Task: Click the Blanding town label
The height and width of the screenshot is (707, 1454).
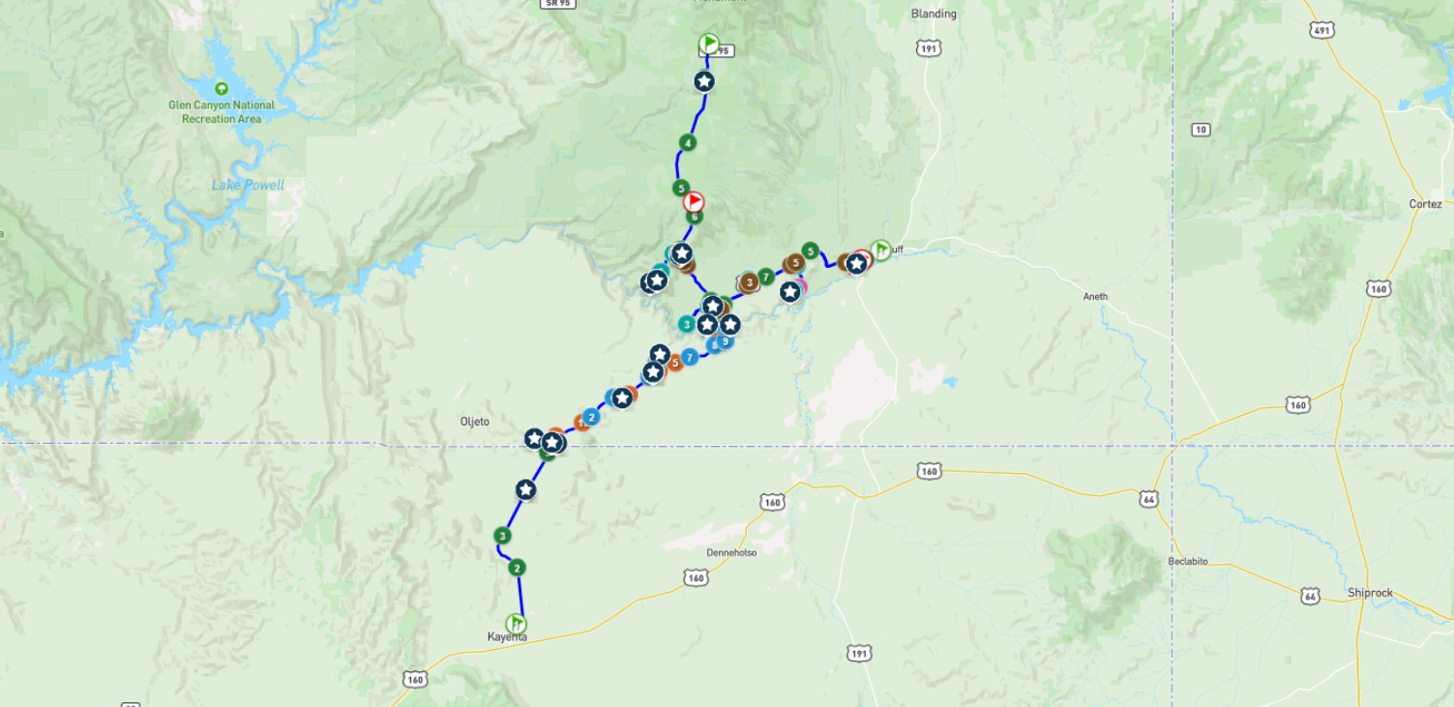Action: click(x=934, y=14)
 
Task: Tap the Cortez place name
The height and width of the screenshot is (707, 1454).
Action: click(x=1425, y=204)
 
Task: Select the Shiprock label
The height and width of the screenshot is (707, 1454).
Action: click(x=1370, y=593)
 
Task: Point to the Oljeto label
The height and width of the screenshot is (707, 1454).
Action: click(x=474, y=422)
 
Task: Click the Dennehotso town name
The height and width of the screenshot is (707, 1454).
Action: click(x=731, y=552)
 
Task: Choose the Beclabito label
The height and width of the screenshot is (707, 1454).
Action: click(x=1187, y=561)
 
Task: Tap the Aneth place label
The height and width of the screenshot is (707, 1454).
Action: click(x=1095, y=296)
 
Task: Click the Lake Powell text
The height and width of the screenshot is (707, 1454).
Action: click(x=248, y=185)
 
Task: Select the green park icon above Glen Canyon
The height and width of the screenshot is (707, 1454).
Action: click(x=222, y=88)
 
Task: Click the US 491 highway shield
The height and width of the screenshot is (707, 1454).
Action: click(x=1322, y=31)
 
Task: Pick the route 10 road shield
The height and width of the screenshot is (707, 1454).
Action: click(x=1201, y=130)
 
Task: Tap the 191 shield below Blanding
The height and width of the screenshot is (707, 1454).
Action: click(x=929, y=48)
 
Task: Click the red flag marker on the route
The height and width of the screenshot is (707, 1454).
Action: click(x=694, y=201)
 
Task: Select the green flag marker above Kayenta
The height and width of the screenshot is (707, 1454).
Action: click(x=516, y=623)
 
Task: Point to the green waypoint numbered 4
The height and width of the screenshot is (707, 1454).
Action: click(x=687, y=143)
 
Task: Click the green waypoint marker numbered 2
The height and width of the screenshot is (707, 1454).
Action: click(x=517, y=568)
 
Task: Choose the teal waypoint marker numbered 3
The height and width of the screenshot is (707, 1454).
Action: click(x=686, y=324)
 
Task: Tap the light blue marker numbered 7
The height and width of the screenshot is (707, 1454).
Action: click(x=689, y=358)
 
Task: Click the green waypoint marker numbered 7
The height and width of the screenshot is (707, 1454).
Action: click(x=765, y=277)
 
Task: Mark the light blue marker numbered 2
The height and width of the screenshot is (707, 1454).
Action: click(x=591, y=417)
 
